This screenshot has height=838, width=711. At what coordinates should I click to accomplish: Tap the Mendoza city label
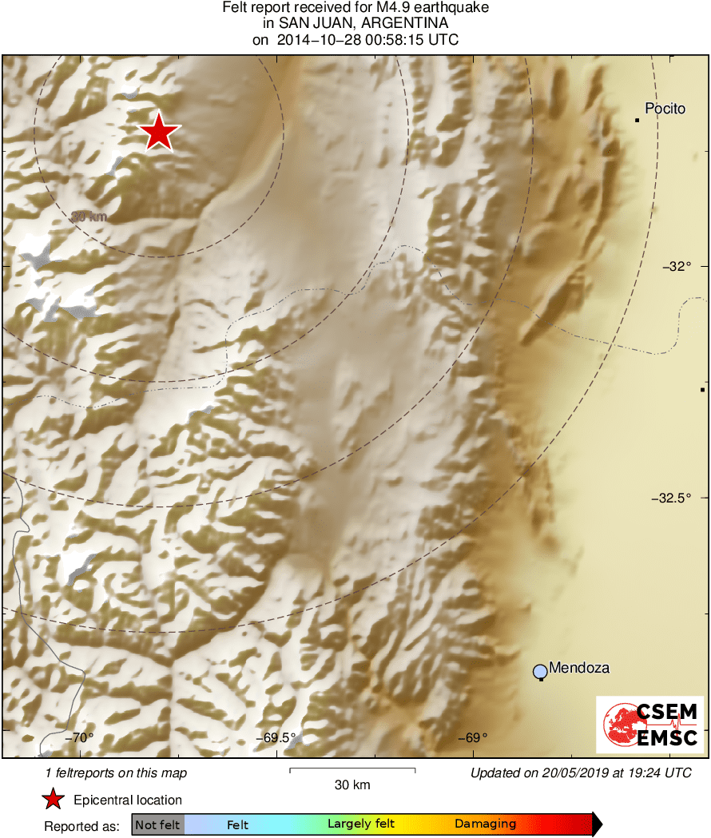point(580,668)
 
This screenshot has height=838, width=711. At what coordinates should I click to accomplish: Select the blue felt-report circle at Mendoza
point(540,671)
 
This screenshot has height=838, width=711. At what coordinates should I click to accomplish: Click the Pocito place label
point(665,109)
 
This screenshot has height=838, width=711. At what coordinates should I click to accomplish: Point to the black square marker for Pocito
point(637,120)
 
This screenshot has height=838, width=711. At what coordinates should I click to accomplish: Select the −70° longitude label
point(80,738)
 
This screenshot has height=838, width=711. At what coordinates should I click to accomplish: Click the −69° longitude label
point(471,738)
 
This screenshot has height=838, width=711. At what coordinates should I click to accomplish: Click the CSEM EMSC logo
point(649,725)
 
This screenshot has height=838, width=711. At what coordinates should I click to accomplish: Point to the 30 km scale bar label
point(352,785)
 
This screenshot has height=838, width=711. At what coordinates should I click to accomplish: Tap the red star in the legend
point(53,800)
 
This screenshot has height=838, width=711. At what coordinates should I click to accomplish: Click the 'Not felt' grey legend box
point(158,824)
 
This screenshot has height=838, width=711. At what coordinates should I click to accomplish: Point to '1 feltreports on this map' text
point(117,772)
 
